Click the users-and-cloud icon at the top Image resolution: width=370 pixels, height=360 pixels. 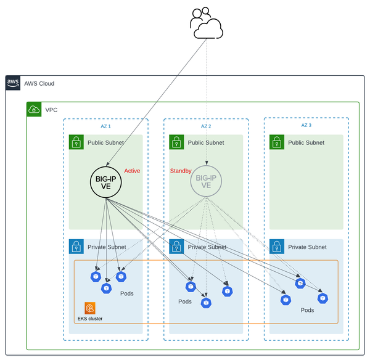tap(206, 23)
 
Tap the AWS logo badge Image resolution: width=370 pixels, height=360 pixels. tap(13, 83)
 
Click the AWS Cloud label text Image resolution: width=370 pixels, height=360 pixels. tap(39, 83)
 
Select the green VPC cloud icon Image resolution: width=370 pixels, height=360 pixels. tap(34, 110)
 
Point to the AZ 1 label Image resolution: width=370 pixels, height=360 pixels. tap(105, 126)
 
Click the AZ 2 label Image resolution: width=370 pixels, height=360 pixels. tap(206, 126)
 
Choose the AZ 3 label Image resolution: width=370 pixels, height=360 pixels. tap(306, 126)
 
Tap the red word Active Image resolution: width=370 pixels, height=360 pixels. tap(133, 171)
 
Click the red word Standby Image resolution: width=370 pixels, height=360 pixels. tap(181, 171)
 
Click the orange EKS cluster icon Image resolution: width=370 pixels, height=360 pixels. tap(91, 308)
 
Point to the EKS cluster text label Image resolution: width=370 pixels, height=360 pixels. tap(90, 319)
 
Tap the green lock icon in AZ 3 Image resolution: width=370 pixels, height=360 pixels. tap(277, 142)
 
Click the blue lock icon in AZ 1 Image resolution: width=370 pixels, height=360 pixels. tap(76, 247)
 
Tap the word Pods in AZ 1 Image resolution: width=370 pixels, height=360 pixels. tap(126, 293)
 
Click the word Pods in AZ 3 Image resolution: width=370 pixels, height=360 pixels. tap(308, 310)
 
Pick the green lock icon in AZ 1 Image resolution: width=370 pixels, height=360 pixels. tap(76, 142)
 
